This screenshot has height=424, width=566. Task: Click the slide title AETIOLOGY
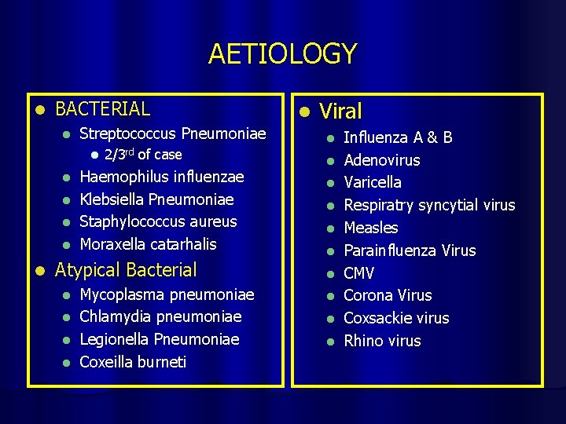pos(282,54)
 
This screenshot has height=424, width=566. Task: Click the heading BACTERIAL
pos(103,108)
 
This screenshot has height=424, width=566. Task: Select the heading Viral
pos(340,112)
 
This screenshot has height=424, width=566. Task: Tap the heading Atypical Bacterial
pos(126,270)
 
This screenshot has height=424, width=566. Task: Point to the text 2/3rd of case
pos(142,155)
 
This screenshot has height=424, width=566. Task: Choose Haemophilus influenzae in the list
pos(162,177)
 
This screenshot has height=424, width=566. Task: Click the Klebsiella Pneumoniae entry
pos(157,199)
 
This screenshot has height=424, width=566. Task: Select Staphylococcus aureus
pos(159,221)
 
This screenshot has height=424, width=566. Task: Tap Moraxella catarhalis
pos(149,244)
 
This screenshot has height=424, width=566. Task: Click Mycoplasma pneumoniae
pos(167,294)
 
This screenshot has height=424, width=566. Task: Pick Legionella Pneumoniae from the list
pos(160,339)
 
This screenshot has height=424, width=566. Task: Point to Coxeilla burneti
pos(134,362)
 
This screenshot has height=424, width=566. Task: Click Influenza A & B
pos(398,138)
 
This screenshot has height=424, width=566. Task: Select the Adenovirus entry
pos(382,160)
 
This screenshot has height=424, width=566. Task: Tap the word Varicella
pos(373,182)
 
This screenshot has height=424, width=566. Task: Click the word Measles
pos(371,228)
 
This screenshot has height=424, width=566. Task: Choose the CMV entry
pos(359,273)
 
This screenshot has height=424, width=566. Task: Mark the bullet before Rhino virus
pos(332,341)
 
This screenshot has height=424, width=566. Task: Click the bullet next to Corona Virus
pos(332,296)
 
